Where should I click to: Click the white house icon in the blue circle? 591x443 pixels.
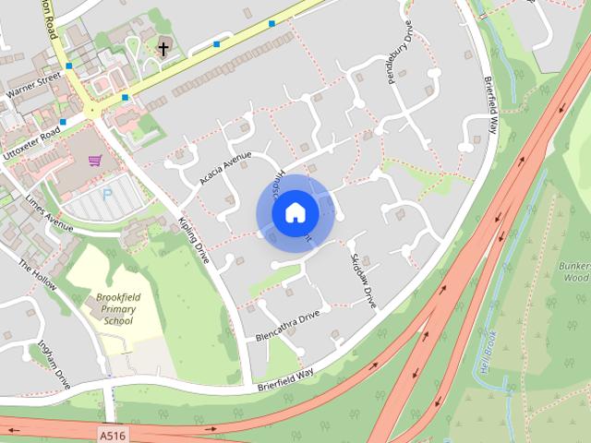coord(295,213)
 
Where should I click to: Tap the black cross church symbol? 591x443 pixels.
coord(163,47)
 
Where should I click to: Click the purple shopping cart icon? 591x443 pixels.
coord(94,161)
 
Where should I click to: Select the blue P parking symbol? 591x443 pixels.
coord(106,195)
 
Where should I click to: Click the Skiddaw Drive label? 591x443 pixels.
coord(363,280)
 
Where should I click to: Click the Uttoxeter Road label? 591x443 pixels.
coord(30,145)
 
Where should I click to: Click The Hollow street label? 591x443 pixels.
coord(38,274)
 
